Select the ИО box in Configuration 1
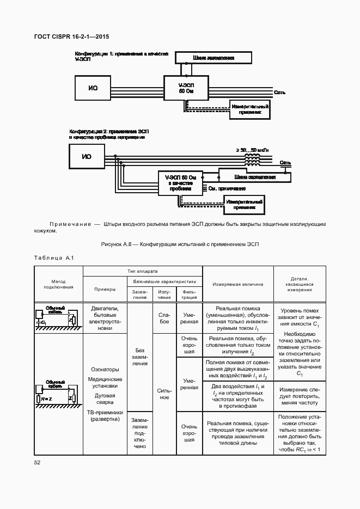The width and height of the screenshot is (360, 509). pos(93,88)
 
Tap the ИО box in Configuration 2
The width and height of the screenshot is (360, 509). pos(87,157)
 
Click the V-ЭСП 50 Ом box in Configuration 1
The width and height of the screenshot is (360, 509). pos(186,88)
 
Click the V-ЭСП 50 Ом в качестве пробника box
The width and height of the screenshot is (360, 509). pos(180,182)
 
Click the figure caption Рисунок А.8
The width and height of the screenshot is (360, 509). pos(180,244)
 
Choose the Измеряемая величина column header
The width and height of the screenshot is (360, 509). pos(237,284)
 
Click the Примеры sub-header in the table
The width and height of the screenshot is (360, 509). pos(105,290)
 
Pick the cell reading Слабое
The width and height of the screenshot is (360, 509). pos(163,318)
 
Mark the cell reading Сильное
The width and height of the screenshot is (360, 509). pos(163,394)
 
